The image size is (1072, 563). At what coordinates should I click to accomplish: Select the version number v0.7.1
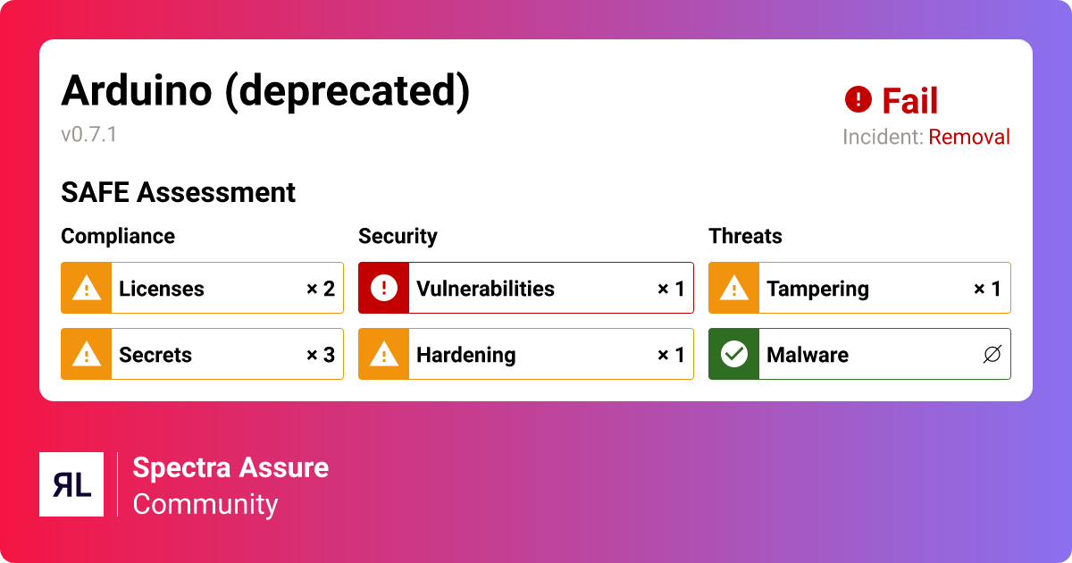[x=88, y=135]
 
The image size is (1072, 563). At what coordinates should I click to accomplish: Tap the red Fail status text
[x=909, y=101]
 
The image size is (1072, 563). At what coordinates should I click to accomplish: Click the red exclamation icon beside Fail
[x=858, y=99]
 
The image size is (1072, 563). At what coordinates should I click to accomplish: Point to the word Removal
[x=969, y=137]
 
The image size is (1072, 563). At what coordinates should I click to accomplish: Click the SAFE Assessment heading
[x=178, y=192]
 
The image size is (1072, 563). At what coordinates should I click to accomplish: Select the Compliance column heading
[x=118, y=236]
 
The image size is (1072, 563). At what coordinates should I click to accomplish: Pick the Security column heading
[x=398, y=236]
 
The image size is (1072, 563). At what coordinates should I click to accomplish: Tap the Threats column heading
[x=745, y=236]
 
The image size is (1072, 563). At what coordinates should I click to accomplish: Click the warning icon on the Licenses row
[x=87, y=289]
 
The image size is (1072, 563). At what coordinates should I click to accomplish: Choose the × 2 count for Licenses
[x=320, y=289]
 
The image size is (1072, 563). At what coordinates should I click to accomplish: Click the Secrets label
[x=155, y=355]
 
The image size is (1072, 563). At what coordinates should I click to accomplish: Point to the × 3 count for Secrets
[x=320, y=355]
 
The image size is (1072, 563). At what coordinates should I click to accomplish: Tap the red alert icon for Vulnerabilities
[x=384, y=289]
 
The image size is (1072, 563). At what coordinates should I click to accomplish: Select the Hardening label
[x=466, y=355]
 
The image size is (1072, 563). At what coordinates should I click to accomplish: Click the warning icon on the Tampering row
[x=734, y=289]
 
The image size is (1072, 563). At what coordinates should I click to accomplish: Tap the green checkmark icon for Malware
[x=734, y=355]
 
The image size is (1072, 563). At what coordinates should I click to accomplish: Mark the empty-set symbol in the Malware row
[x=991, y=355]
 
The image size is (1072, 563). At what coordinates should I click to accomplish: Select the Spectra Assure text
[x=230, y=467]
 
